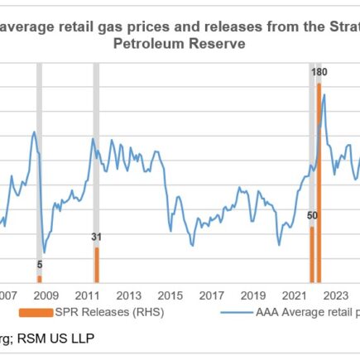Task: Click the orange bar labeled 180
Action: click(x=319, y=182)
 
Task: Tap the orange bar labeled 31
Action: click(x=96, y=264)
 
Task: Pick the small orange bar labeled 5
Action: click(x=39, y=278)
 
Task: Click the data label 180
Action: click(x=319, y=73)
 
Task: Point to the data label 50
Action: click(x=312, y=216)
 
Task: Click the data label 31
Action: click(x=96, y=238)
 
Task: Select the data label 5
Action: click(x=39, y=265)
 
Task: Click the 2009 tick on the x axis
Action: click(x=46, y=295)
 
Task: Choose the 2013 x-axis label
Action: click(x=128, y=295)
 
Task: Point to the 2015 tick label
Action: click(x=170, y=295)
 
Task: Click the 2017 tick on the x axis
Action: click(x=212, y=295)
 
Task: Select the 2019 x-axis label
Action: click(x=253, y=295)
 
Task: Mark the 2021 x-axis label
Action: click(x=295, y=295)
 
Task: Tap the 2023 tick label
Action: click(x=336, y=295)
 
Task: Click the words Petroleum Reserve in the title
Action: click(x=179, y=44)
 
